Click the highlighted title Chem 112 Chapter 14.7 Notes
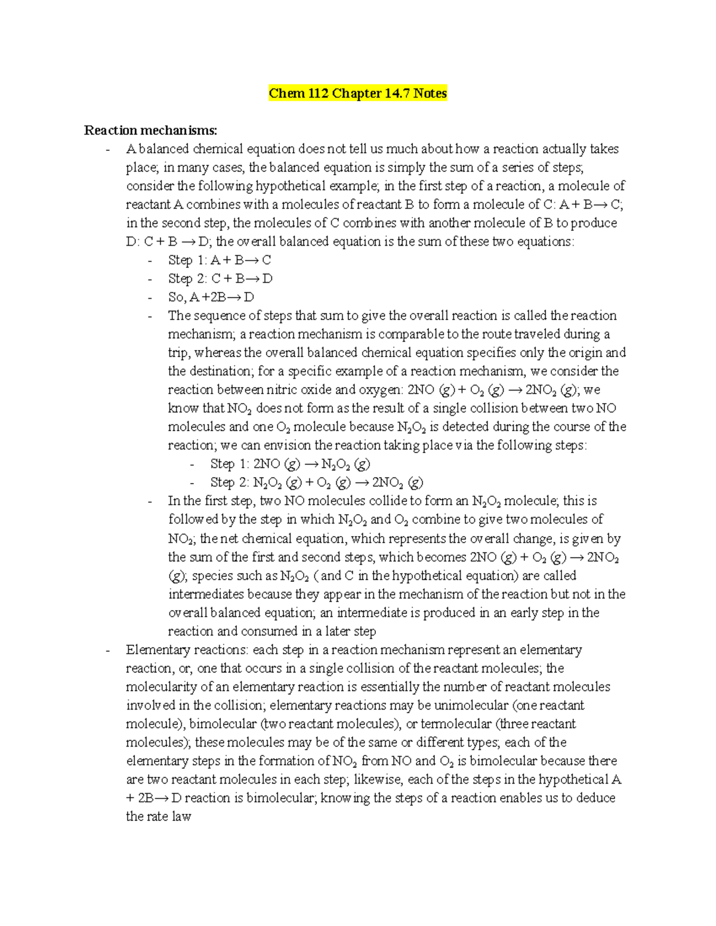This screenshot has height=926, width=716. coord(357,94)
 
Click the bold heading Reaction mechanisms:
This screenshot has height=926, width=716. coord(150,131)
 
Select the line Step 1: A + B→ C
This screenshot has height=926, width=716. coord(220,261)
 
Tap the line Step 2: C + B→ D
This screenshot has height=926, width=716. coord(220,279)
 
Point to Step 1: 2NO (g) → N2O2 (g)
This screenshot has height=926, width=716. coord(290,464)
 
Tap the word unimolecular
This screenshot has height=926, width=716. coord(471,705)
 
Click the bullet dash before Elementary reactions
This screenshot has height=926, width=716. coord(107,651)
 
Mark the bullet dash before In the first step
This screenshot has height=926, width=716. coord(150,501)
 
